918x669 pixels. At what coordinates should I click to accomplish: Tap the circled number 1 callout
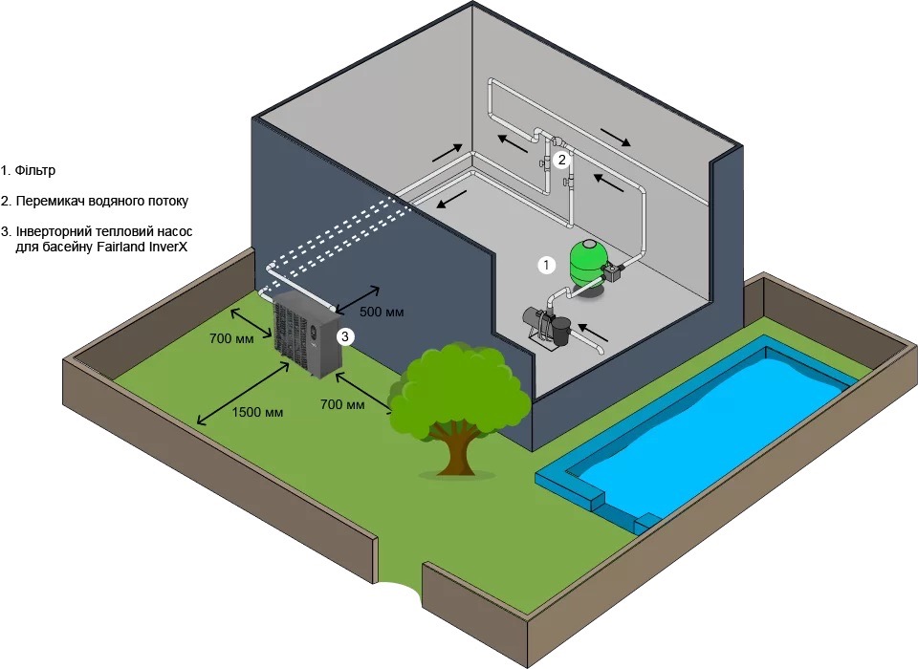point(546,265)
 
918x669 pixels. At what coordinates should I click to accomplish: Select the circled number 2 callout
point(562,161)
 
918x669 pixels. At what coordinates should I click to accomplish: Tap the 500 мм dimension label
point(382,313)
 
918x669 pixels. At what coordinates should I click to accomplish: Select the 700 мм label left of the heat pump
point(230,338)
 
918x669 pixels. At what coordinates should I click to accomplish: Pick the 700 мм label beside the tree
point(342,405)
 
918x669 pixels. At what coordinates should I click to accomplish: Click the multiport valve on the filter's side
point(614,274)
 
